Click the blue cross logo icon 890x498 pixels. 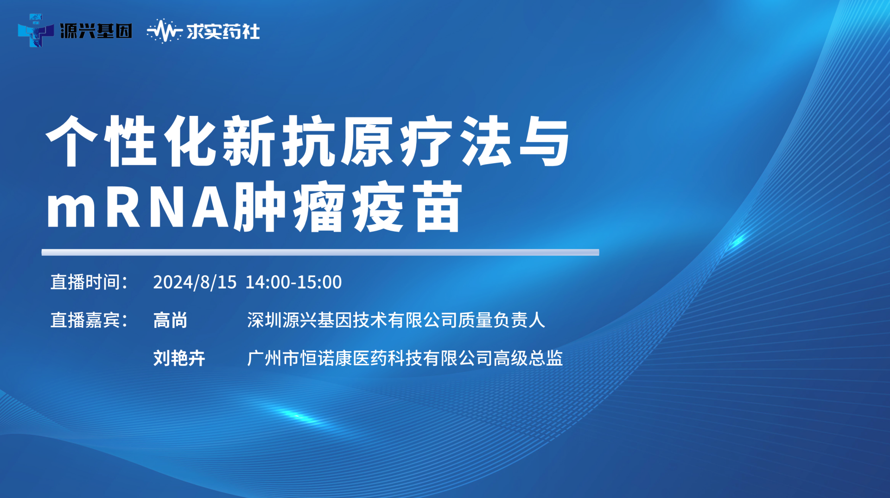(x=36, y=31)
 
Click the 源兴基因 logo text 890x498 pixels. (x=96, y=31)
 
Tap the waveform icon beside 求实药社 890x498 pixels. (x=164, y=31)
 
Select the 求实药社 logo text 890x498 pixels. (x=223, y=32)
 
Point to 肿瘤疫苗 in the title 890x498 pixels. (x=348, y=207)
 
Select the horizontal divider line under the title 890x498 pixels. (x=320, y=252)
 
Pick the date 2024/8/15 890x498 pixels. (x=195, y=282)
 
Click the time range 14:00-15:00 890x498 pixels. (x=293, y=282)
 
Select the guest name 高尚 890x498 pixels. (x=171, y=320)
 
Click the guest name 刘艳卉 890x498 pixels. (x=179, y=358)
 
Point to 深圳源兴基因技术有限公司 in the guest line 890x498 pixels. (x=352, y=320)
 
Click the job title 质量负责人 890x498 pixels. (x=502, y=320)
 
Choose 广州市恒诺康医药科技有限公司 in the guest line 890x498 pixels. (x=370, y=358)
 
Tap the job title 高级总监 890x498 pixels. (x=528, y=358)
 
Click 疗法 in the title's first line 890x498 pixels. (x=457, y=141)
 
